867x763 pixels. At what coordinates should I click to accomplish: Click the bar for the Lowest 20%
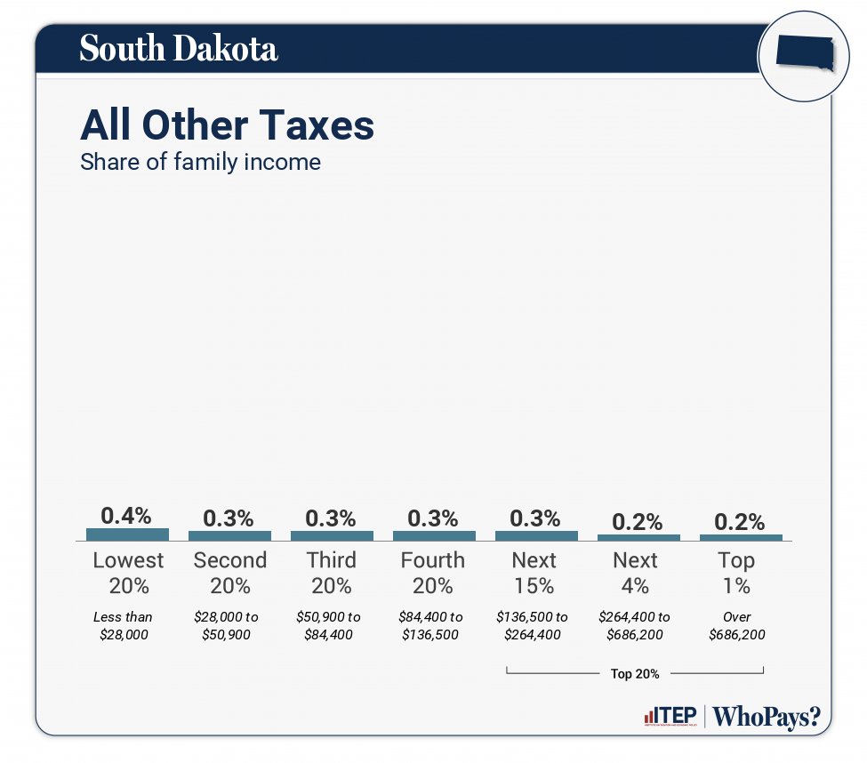pyautogui.click(x=127, y=534)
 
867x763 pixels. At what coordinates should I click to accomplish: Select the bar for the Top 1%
pyautogui.click(x=741, y=538)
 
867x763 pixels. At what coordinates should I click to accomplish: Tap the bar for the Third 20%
pyautogui.click(x=332, y=536)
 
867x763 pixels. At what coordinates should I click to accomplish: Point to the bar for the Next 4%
pyautogui.click(x=638, y=538)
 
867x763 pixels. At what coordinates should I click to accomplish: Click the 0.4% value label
pyautogui.click(x=126, y=516)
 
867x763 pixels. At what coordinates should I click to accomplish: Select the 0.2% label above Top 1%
pyautogui.click(x=740, y=522)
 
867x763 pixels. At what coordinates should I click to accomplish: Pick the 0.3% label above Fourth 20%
pyautogui.click(x=433, y=518)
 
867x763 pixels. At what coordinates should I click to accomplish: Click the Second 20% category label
pyautogui.click(x=229, y=573)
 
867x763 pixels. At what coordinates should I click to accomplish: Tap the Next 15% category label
pyautogui.click(x=534, y=573)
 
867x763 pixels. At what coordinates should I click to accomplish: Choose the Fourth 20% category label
pyautogui.click(x=433, y=573)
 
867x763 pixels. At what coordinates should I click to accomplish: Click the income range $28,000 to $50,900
pyautogui.click(x=229, y=626)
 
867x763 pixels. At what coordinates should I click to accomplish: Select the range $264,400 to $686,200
pyautogui.click(x=635, y=626)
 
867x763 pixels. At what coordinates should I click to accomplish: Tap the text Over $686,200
pyautogui.click(x=737, y=626)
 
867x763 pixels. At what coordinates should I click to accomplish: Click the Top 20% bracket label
pyautogui.click(x=635, y=674)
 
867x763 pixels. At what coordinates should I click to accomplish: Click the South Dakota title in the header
pyautogui.click(x=179, y=49)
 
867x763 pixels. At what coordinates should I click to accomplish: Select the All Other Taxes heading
pyautogui.click(x=227, y=125)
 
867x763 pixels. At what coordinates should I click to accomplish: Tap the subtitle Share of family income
pyautogui.click(x=200, y=163)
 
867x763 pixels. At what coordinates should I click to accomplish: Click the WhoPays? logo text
pyautogui.click(x=767, y=717)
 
